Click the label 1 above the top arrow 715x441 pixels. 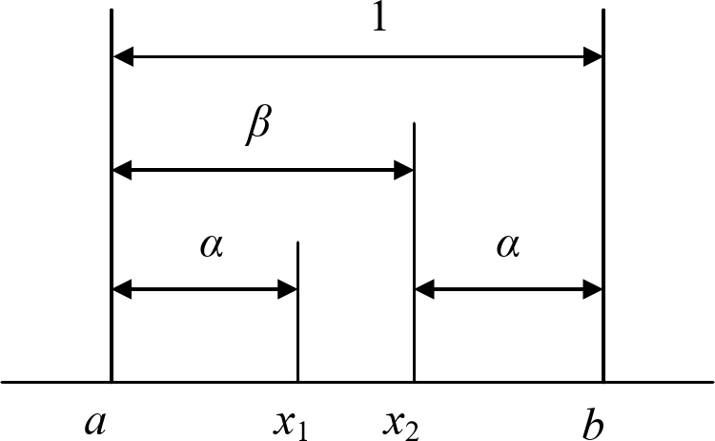[x=379, y=21]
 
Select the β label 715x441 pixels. [x=257, y=128]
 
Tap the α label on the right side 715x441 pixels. [x=508, y=247]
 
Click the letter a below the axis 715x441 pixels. [x=94, y=421]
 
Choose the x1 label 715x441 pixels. [x=290, y=421]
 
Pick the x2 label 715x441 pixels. [x=400, y=421]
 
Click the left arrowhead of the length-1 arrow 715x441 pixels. [x=124, y=58]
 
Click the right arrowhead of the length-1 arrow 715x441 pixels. [x=592, y=58]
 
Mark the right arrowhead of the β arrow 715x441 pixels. [x=402, y=172]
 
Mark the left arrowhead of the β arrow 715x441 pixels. [x=124, y=172]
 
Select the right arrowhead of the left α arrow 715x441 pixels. [x=288, y=288]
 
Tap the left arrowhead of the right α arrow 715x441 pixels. [x=425, y=288]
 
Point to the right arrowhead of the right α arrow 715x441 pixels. [x=592, y=288]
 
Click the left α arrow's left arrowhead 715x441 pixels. [x=124, y=288]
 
